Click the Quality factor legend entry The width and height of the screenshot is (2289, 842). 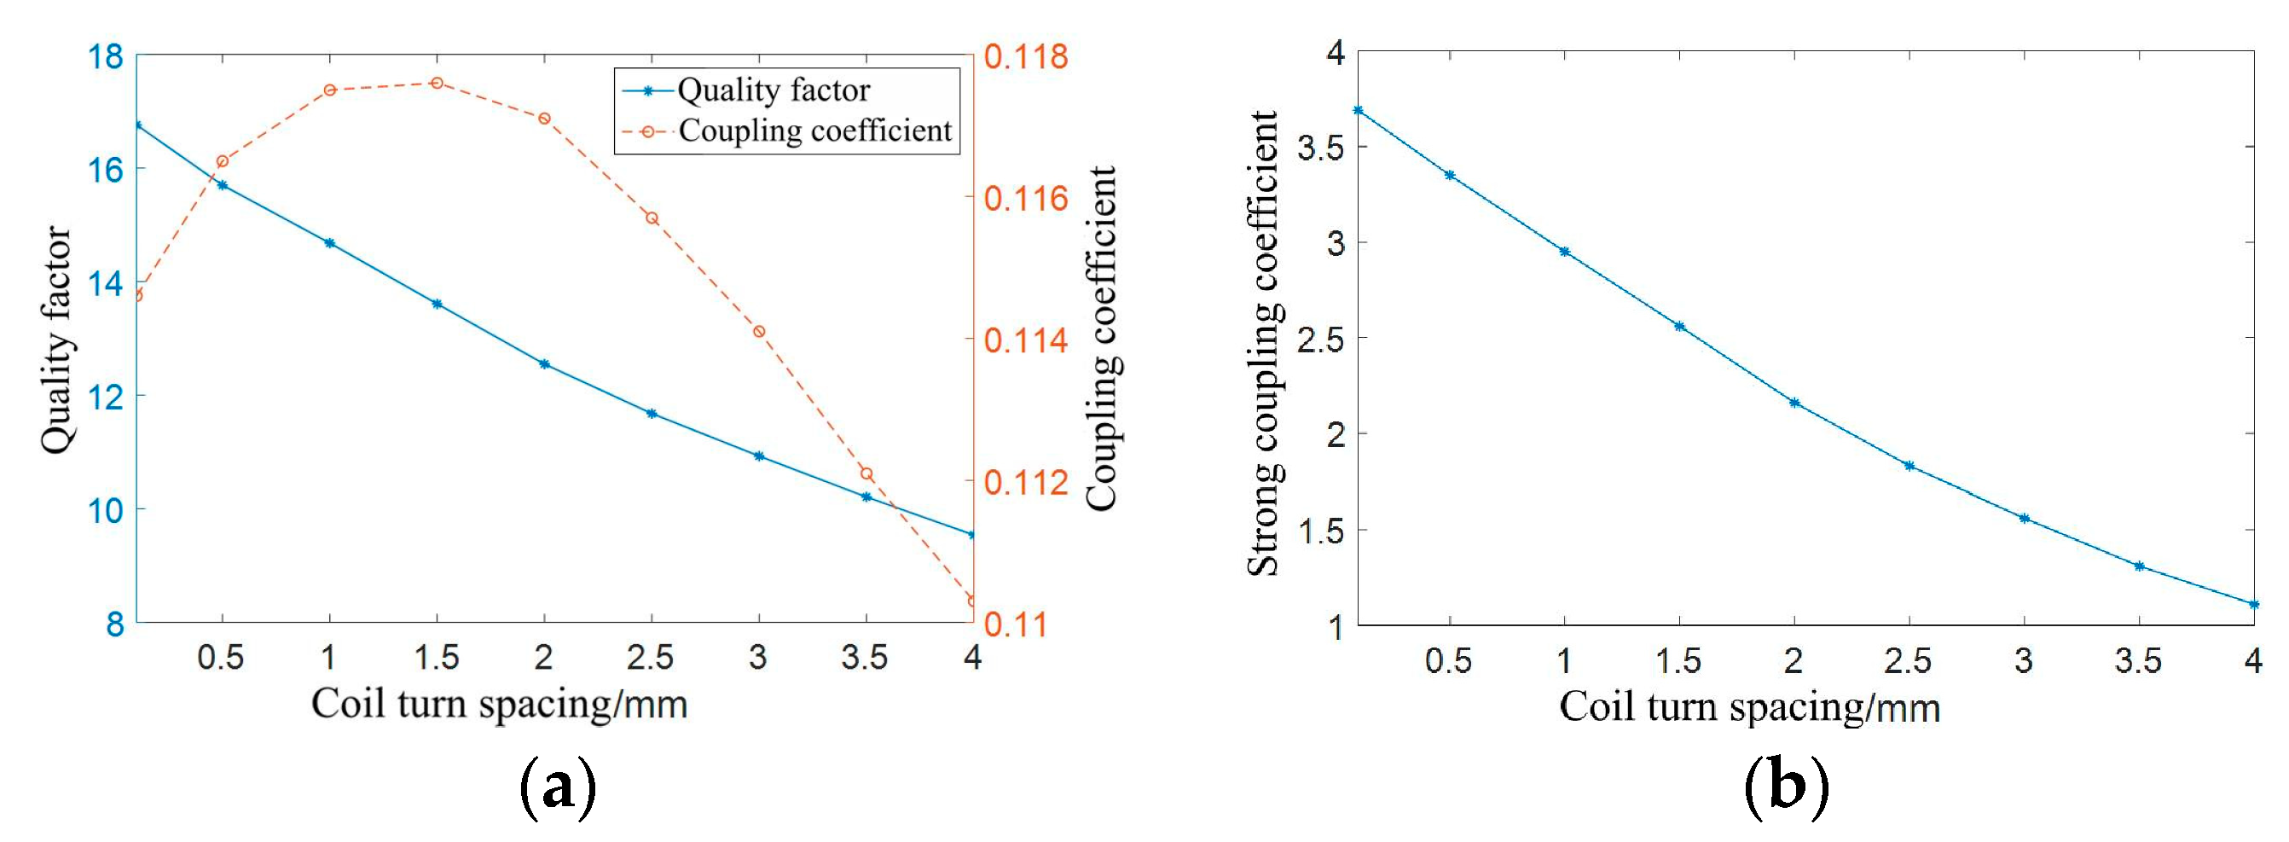(x=773, y=90)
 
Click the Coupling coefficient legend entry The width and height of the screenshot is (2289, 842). (x=814, y=131)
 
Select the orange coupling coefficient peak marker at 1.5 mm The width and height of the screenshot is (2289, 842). (x=437, y=83)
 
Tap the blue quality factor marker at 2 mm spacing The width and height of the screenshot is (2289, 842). (x=545, y=363)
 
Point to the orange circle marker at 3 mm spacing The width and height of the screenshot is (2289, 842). (x=759, y=332)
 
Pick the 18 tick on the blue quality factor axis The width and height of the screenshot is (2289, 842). (x=106, y=57)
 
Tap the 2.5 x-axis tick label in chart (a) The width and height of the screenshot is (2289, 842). (x=651, y=658)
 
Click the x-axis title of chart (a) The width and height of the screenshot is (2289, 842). (x=500, y=704)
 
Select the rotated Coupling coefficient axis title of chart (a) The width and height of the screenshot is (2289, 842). (x=1103, y=338)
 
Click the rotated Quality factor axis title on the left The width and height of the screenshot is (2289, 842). (x=56, y=340)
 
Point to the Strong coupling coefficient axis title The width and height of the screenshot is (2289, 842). (x=1263, y=343)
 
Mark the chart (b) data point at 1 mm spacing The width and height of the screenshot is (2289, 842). (x=1565, y=252)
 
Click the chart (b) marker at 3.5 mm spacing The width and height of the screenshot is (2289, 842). (x=2140, y=566)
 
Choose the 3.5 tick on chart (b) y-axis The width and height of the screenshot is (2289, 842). (x=1320, y=148)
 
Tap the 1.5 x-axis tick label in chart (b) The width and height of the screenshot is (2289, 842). (x=1678, y=660)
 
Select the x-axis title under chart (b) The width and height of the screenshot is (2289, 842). (x=1750, y=708)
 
